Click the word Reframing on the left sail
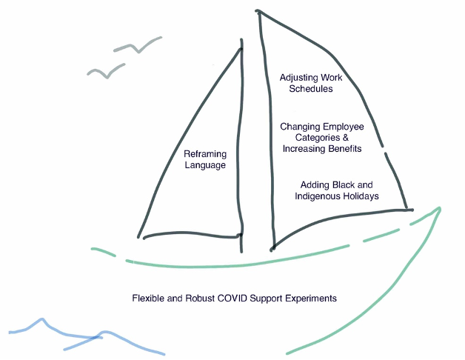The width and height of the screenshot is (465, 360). pyautogui.click(x=205, y=154)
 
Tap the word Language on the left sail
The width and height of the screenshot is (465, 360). pyautogui.click(x=205, y=165)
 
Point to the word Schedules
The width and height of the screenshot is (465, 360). pyautogui.click(x=307, y=89)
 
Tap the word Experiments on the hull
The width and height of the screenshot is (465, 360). pyautogui.click(x=311, y=299)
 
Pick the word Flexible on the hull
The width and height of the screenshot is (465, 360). pyautogui.click(x=149, y=299)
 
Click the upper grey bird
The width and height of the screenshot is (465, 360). pyautogui.click(x=138, y=46)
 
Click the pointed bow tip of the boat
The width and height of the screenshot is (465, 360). pyautogui.click(x=440, y=209)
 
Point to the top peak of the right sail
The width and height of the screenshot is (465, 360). pyautogui.click(x=258, y=11)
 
